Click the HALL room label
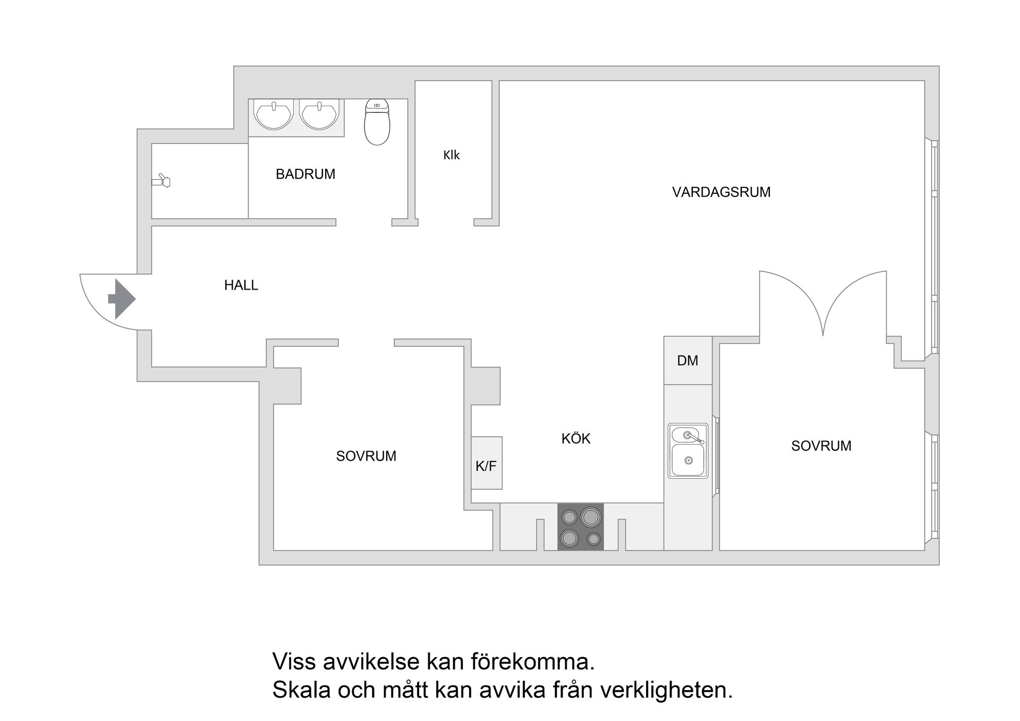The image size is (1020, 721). tap(241, 285)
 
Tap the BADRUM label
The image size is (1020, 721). tap(305, 174)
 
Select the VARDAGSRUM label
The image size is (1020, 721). tap(721, 192)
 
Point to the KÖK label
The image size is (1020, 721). tap(576, 438)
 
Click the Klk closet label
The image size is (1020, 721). tap(451, 155)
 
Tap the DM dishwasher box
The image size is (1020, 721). tap(687, 361)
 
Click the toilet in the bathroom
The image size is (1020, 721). tap(377, 122)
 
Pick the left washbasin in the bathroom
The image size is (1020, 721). tap(274, 114)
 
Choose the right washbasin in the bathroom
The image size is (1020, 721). tap(319, 114)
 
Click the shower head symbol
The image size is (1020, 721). tap(161, 181)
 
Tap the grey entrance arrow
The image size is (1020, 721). tap(122, 299)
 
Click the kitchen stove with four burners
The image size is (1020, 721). tap(580, 527)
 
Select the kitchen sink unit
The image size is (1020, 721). tap(688, 451)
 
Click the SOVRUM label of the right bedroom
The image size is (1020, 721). tap(821, 446)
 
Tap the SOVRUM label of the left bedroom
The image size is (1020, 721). tap(366, 456)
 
